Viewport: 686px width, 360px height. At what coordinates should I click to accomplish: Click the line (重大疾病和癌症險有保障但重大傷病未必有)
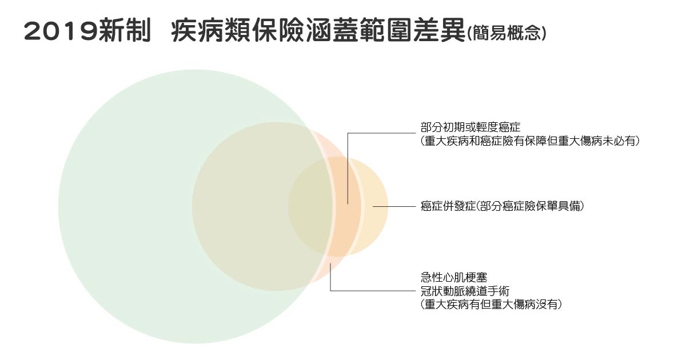pyautogui.click(x=529, y=141)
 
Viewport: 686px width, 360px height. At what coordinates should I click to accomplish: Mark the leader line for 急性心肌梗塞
pyautogui.click(x=372, y=291)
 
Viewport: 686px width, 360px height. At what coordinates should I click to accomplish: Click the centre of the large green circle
pyautogui.click(x=194, y=206)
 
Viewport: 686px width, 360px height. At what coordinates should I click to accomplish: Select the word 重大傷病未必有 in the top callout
pyautogui.click(x=604, y=141)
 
